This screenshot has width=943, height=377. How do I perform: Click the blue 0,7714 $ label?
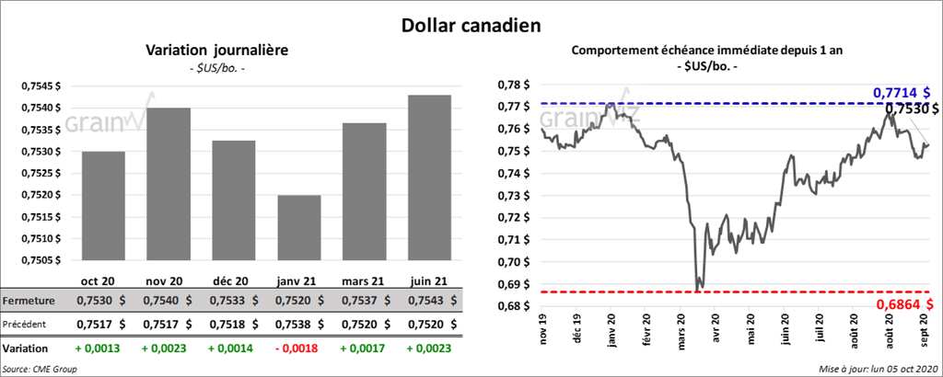point(901,93)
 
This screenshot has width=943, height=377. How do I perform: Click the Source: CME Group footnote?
point(41,368)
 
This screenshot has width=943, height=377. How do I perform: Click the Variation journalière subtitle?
point(217,51)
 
